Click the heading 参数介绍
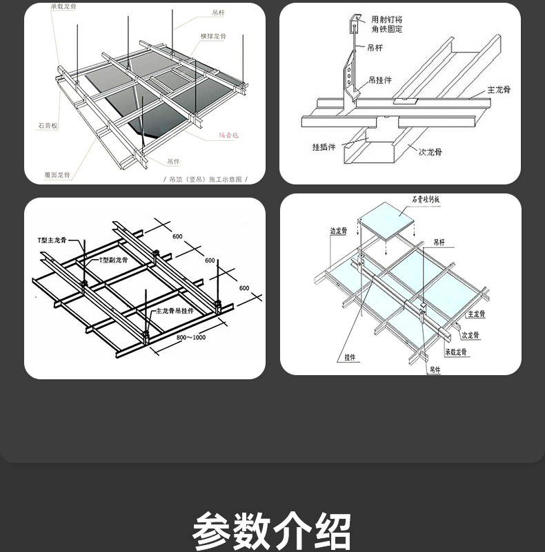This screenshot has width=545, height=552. click(272, 531)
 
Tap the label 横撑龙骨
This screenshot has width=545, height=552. click(213, 35)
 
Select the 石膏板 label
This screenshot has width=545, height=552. click(48, 126)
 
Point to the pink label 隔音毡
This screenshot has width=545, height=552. click(228, 135)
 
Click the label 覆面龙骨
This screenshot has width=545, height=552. click(57, 175)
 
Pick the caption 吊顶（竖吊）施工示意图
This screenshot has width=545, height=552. click(206, 179)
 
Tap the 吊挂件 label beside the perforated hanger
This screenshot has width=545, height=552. click(380, 80)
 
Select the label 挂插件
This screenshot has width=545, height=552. click(324, 146)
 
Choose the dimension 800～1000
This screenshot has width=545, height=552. click(191, 337)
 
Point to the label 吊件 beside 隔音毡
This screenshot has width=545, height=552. click(173, 161)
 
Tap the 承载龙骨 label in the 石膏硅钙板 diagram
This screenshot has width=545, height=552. click(456, 352)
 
